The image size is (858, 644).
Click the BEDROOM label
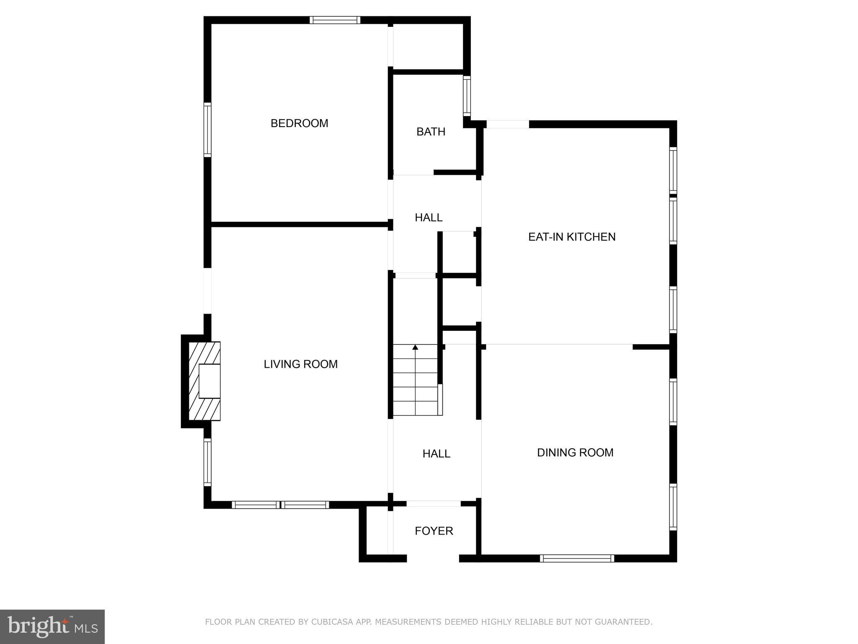(299, 123)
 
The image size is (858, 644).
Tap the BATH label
(431, 132)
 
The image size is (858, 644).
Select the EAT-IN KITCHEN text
(571, 237)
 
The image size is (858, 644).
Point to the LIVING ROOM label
(300, 364)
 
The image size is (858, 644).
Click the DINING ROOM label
(575, 452)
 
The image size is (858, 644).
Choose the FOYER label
(434, 531)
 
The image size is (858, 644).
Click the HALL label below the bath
(428, 218)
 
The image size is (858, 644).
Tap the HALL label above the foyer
(436, 454)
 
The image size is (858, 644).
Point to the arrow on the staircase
(415, 348)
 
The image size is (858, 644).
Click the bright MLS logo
(52, 626)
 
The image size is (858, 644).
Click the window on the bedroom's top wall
(335, 20)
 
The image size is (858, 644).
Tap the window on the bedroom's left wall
(207, 130)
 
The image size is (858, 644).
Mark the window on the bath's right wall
(467, 96)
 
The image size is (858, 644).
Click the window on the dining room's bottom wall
(576, 558)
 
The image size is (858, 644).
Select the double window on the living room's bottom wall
(280, 505)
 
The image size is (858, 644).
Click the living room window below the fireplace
(207, 462)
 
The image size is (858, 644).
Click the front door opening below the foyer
(433, 558)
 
